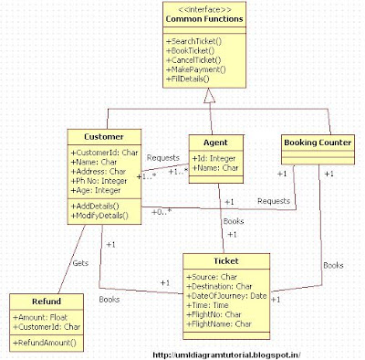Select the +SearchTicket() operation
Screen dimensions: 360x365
pyautogui.click(x=195, y=43)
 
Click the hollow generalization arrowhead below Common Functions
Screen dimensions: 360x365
pyautogui.click(x=208, y=94)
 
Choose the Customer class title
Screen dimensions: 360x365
pyautogui.click(x=101, y=135)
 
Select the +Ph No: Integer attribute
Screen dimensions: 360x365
pyautogui.click(x=103, y=182)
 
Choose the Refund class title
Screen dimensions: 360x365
pyautogui.click(x=46, y=301)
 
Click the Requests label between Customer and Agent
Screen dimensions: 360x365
pyautogui.click(x=162, y=158)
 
